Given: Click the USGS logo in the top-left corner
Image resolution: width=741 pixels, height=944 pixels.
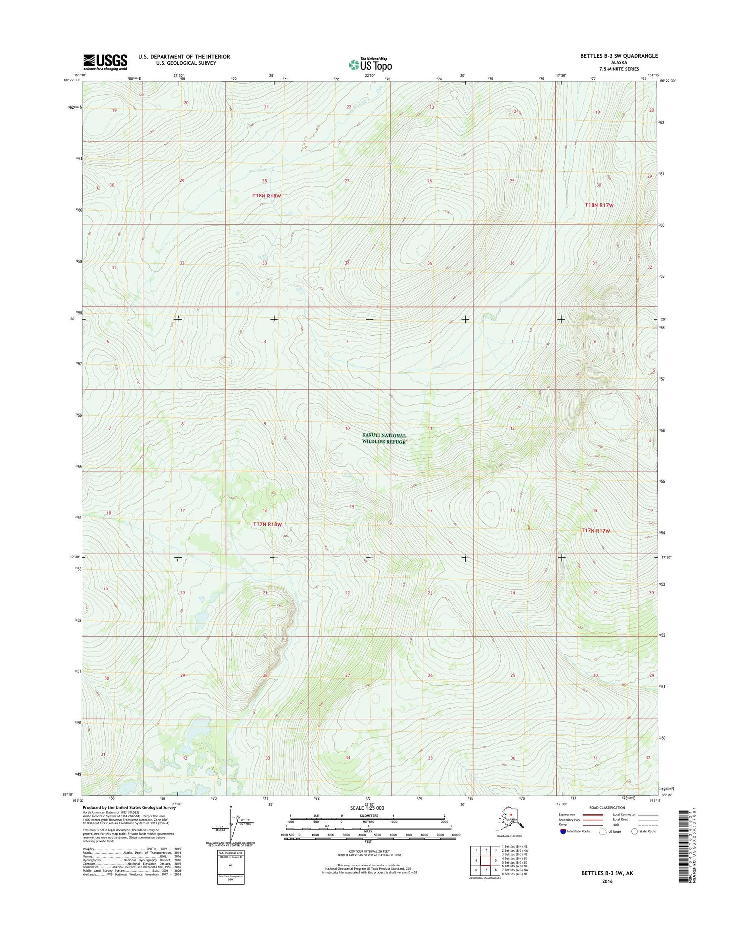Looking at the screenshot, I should coord(105,62).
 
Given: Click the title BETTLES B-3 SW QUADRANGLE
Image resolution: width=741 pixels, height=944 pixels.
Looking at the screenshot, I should coord(618,56).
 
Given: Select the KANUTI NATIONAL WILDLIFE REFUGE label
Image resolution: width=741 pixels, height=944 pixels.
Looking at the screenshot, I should coord(384,439).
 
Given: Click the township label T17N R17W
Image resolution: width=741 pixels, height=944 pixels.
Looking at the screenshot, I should coord(595,531).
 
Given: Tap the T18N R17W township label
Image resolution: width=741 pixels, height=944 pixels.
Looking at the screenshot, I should coord(599,205).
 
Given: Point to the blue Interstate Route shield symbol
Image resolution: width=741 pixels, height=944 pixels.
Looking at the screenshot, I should coord(563,831).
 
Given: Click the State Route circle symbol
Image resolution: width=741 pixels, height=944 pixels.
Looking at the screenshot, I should coord(634,831).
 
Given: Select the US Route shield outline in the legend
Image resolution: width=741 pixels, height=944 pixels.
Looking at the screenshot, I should coord(603,831).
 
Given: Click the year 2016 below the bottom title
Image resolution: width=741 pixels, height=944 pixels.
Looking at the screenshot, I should coord(607,881).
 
